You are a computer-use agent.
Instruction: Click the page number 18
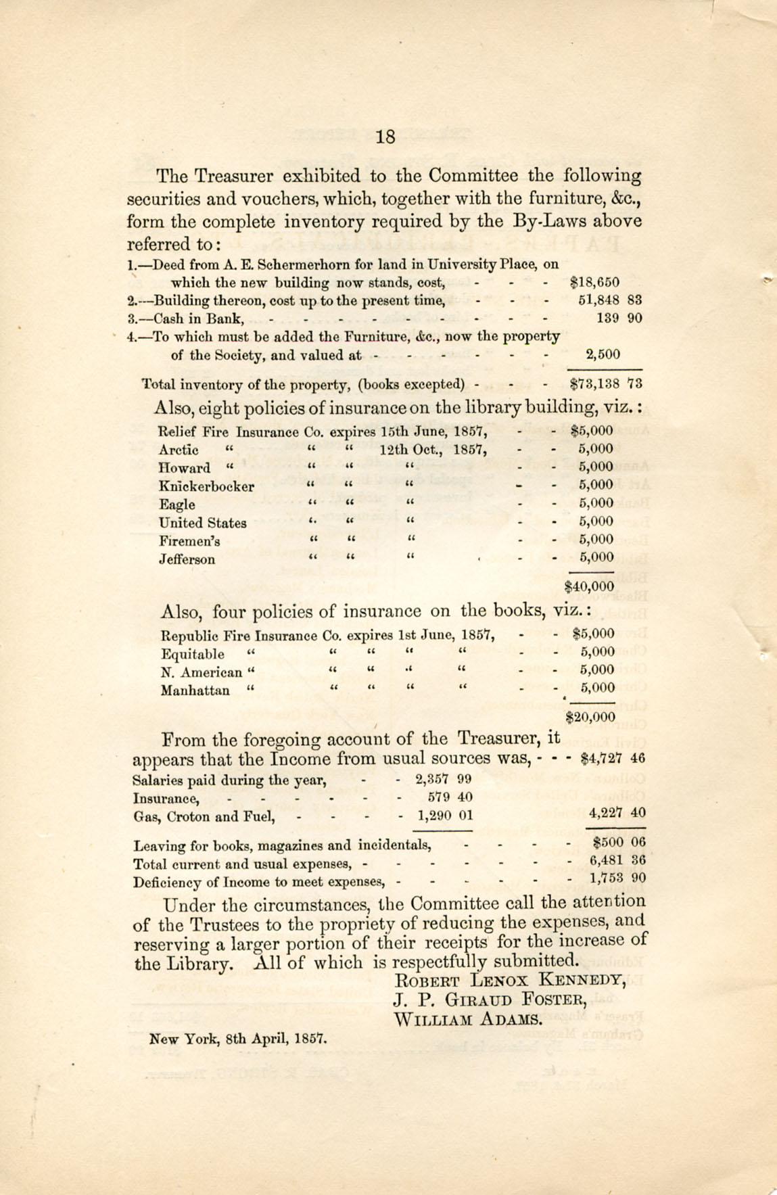385,137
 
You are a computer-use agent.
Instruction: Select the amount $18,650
594,283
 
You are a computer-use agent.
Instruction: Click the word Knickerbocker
206,486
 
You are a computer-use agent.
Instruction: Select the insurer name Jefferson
187,559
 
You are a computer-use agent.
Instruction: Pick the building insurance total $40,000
588,586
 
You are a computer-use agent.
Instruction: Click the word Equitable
193,654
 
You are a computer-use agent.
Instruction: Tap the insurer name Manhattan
195,690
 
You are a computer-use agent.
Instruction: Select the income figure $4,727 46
613,758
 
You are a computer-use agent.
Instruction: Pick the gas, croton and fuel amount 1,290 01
444,816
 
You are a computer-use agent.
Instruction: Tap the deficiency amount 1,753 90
617,878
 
